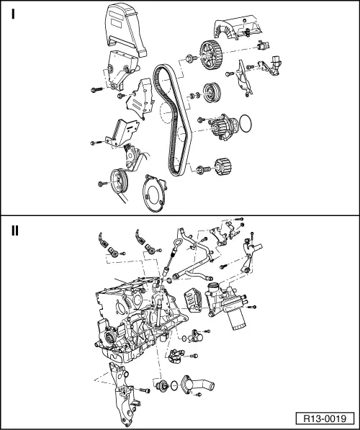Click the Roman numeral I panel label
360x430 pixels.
coord(13,14)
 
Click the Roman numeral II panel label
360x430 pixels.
coord(15,231)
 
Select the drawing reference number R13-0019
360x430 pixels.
coord(325,418)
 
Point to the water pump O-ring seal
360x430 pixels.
coord(246,123)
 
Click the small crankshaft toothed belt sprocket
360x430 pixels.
coord(223,166)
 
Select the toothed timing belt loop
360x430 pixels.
coord(172,118)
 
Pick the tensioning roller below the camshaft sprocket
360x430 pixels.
coord(212,93)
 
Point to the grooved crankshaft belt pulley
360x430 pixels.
coord(119,182)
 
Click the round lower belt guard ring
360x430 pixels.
coord(154,194)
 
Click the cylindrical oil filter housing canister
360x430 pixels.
coord(236,320)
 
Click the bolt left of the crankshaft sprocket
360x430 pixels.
coord(203,169)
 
